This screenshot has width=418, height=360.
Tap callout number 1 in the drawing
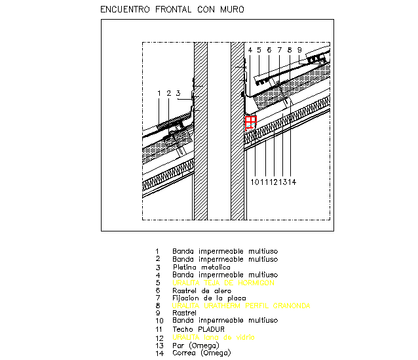pyautogui.click(x=159, y=94)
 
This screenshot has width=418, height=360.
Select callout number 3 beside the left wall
pyautogui.click(x=178, y=94)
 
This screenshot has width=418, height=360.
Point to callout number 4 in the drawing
pyautogui.click(x=250, y=50)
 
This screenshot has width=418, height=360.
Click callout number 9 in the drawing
pyautogui.click(x=299, y=50)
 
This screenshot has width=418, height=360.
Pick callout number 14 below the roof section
pyautogui.click(x=290, y=182)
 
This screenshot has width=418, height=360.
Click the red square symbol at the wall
pyautogui.click(x=250, y=122)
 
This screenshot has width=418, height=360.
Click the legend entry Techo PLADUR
pyautogui.click(x=199, y=329)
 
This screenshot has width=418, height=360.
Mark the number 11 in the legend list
pyautogui.click(x=157, y=329)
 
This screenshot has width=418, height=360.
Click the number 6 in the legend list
pyautogui.click(x=157, y=290)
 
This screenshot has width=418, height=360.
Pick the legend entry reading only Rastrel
pyautogui.click(x=185, y=313)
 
